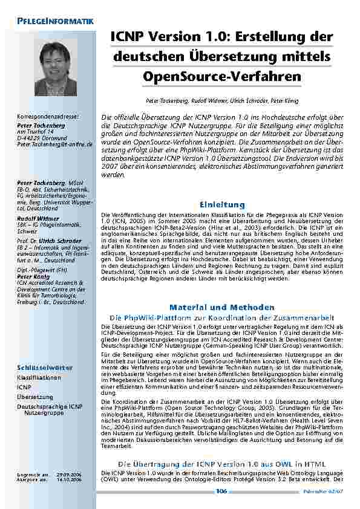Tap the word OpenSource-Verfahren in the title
click(x=221, y=77)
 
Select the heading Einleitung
click(x=222, y=205)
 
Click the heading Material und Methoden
click(x=222, y=307)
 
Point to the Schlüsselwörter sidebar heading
click(x=45, y=367)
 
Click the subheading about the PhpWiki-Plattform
click(x=222, y=317)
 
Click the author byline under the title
click(x=221, y=100)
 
